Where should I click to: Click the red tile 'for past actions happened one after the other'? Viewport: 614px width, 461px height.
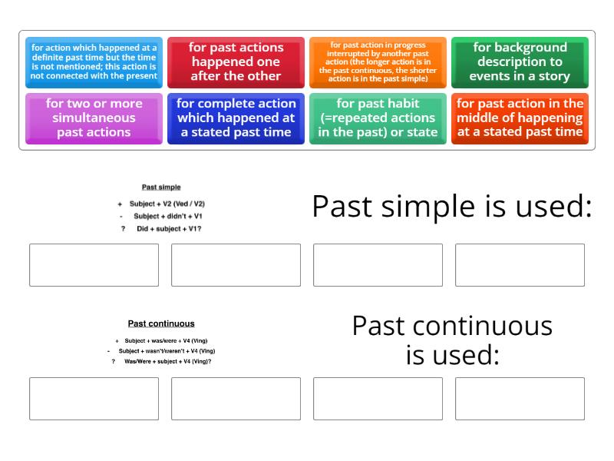[x=236, y=61]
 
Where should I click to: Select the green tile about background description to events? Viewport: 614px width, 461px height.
[x=520, y=61]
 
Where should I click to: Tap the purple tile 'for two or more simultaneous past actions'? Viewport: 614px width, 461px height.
[x=94, y=118]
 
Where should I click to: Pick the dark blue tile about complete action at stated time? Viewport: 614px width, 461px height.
[x=236, y=118]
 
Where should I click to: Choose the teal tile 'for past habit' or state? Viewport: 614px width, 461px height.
[x=378, y=118]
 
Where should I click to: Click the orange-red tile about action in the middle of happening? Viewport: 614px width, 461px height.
[x=520, y=118]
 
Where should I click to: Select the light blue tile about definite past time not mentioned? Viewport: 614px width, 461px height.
[x=94, y=61]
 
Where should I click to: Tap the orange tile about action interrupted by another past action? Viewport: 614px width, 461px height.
[x=378, y=61]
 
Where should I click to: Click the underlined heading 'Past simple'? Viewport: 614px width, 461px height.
[x=161, y=187]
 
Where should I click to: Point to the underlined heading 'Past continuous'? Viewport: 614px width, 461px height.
[x=161, y=323]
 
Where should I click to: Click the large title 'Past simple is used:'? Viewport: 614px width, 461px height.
[x=452, y=207]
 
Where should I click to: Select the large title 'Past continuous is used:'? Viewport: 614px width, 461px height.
[x=452, y=340]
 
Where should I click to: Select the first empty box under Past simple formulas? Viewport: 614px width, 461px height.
[x=94, y=265]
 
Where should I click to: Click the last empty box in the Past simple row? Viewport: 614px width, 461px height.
[x=520, y=265]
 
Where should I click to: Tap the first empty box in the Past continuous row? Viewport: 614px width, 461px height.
[x=94, y=398]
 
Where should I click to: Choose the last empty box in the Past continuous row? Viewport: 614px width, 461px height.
[x=520, y=398]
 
